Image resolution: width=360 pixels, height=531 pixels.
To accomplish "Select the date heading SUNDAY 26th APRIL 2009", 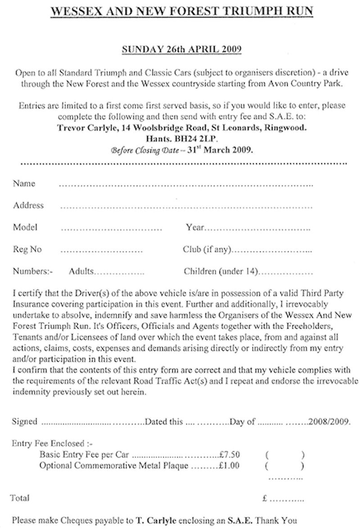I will pos(182,49).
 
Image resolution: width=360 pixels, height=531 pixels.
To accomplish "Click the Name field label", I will pos(24,183).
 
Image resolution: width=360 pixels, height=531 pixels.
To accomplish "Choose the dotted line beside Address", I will pos(186,207).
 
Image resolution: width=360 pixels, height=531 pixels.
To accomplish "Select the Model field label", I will pos(25,227).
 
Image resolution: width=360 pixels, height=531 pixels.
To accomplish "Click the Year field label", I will pos(195,228).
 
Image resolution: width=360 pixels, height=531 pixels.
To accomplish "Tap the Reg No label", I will pos(27,250).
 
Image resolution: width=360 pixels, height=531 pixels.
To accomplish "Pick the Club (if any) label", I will pos(207,250).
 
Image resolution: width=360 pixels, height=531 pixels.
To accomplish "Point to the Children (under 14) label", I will pos(220,272).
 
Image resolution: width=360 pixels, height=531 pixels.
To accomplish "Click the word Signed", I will pos(25,422).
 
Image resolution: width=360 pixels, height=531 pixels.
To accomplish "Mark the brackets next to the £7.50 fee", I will pos(284,454).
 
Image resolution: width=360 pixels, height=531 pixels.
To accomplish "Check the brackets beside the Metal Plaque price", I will pos(284,466).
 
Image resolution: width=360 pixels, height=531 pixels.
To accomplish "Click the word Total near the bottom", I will pos(20,498).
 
